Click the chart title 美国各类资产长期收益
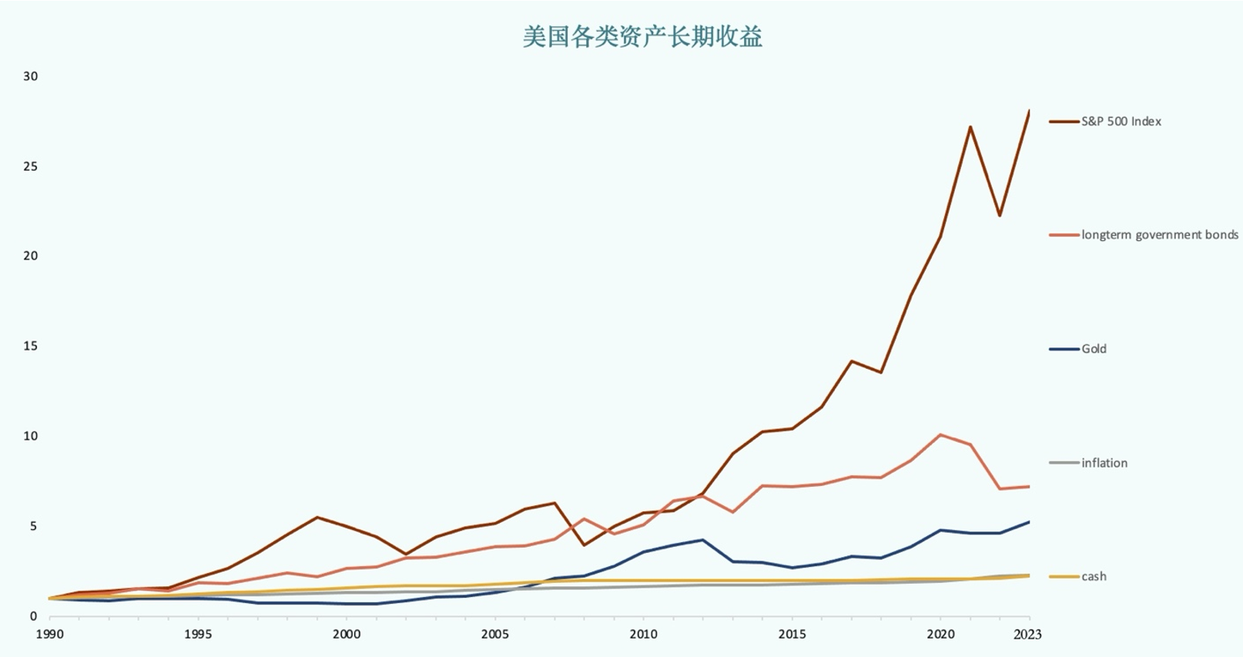point(642,37)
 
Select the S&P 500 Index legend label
point(1121,121)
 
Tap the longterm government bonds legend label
point(1159,235)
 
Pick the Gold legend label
point(1094,349)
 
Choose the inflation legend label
point(1104,463)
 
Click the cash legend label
point(1094,577)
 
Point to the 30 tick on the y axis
point(30,76)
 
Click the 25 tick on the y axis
point(30,166)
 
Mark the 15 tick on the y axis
point(30,346)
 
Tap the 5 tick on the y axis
point(33,526)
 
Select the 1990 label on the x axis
point(50,634)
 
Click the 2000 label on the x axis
point(347,634)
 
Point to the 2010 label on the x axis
point(643,634)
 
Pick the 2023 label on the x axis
point(1027,634)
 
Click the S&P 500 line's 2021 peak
point(970,126)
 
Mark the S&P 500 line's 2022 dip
point(1000,216)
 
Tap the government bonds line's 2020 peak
point(940,434)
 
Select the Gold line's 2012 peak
point(702,540)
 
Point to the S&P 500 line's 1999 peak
point(317,517)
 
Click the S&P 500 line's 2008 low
point(584,545)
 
